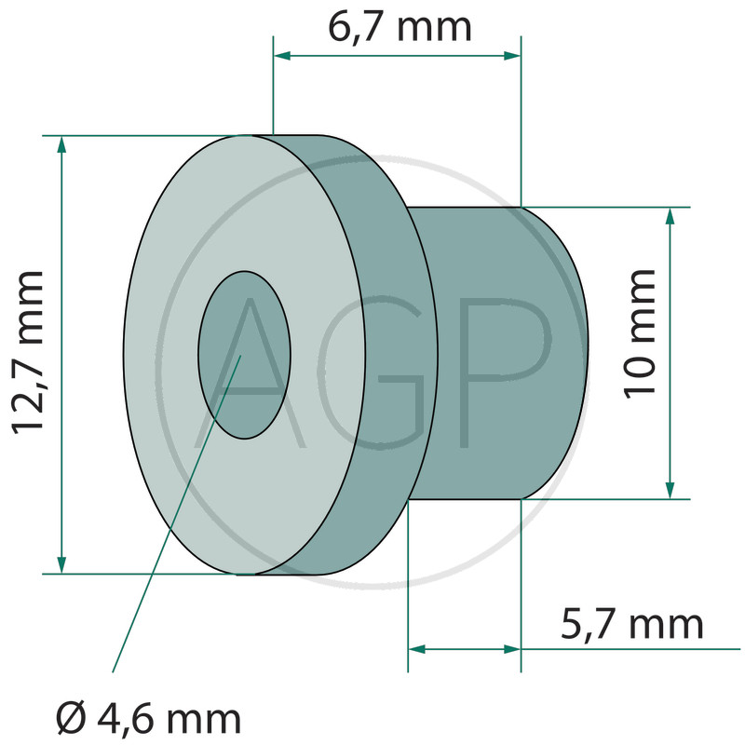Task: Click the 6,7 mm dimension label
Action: point(400,27)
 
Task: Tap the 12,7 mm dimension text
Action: point(29,353)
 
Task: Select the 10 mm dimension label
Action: point(640,333)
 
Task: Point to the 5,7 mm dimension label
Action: point(631,625)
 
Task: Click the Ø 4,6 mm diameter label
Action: point(148,720)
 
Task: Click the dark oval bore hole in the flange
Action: point(244,355)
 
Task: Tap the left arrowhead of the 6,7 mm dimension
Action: point(282,56)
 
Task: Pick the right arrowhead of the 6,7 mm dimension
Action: point(512,56)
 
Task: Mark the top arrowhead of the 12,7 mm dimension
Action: point(61,144)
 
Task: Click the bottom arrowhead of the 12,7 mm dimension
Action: point(61,564)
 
